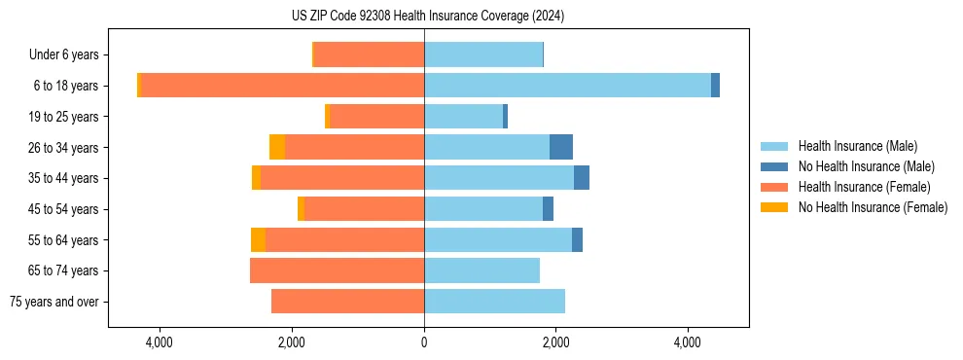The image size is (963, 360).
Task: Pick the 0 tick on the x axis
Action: coord(424,342)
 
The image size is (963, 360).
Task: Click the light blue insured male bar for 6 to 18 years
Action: coord(567,86)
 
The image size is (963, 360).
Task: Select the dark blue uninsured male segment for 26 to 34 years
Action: coord(561,147)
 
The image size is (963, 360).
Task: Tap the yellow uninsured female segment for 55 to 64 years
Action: coord(258,239)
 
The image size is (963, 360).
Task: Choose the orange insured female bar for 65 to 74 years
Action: coord(337,270)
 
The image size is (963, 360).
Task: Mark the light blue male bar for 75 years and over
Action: coord(494,302)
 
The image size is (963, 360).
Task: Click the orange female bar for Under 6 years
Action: coord(369,54)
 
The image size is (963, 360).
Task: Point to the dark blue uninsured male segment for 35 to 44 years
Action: coord(582,178)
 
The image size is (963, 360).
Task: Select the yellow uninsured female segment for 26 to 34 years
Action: coord(277,147)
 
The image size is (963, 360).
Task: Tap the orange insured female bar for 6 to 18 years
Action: coord(283,86)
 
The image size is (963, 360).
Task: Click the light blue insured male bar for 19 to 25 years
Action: coord(463,117)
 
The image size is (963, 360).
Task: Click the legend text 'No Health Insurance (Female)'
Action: coord(873,207)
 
